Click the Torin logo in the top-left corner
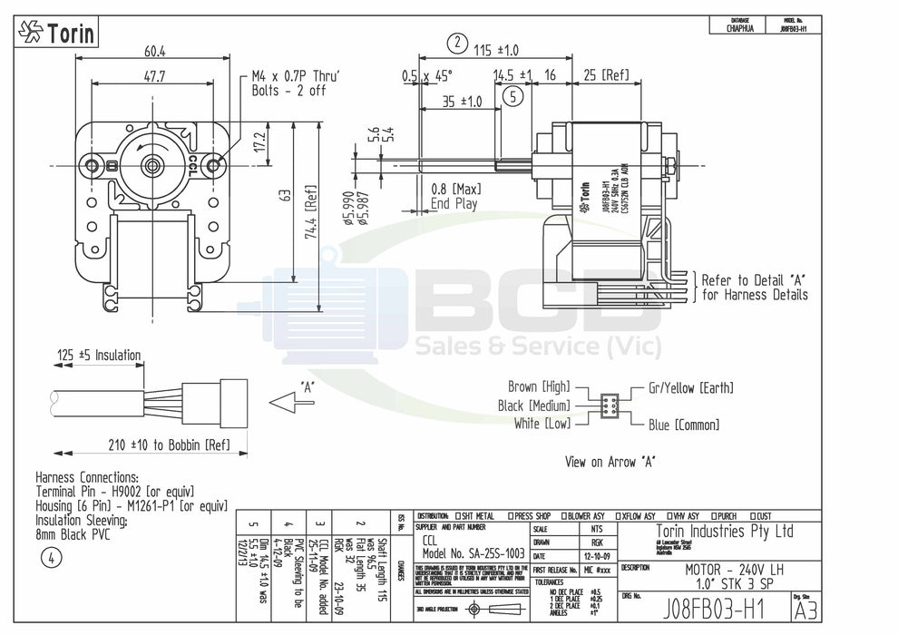pyautogui.click(x=57, y=34)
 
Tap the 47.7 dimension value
pyautogui.click(x=153, y=78)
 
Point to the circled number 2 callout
pyautogui.click(x=458, y=43)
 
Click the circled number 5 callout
pyautogui.click(x=513, y=96)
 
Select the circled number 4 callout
pyautogui.click(x=51, y=559)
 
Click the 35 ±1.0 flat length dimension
pyautogui.click(x=463, y=102)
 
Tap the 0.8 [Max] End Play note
pyautogui.click(x=456, y=196)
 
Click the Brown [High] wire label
pyautogui.click(x=539, y=387)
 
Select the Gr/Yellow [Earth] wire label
pyautogui.click(x=691, y=388)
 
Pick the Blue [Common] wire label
pyautogui.click(x=684, y=425)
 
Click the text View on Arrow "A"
pyautogui.click(x=610, y=462)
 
